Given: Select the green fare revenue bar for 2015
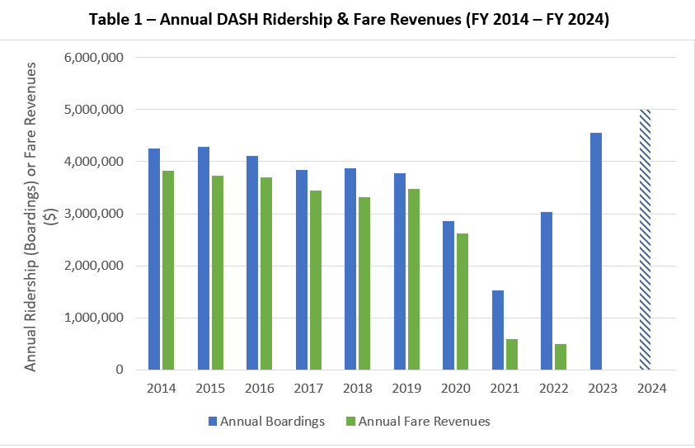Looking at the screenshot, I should (218, 272).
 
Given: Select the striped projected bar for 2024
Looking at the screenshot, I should (646, 239).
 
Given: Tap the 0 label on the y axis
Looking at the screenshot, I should (120, 370).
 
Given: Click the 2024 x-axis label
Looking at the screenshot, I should (652, 387).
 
